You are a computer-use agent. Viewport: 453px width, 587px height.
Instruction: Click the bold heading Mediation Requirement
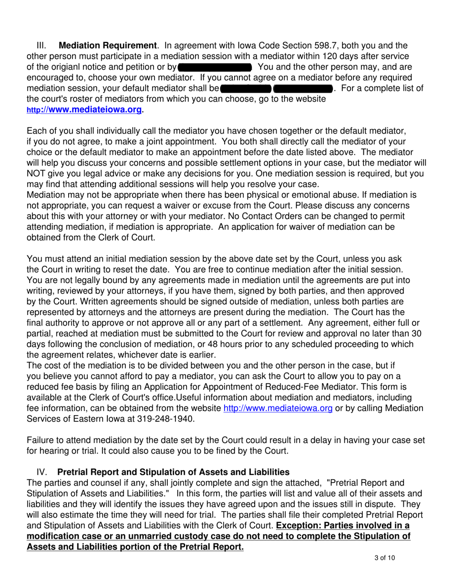[x=107, y=46]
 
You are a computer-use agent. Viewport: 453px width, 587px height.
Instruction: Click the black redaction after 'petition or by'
[x=214, y=67]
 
